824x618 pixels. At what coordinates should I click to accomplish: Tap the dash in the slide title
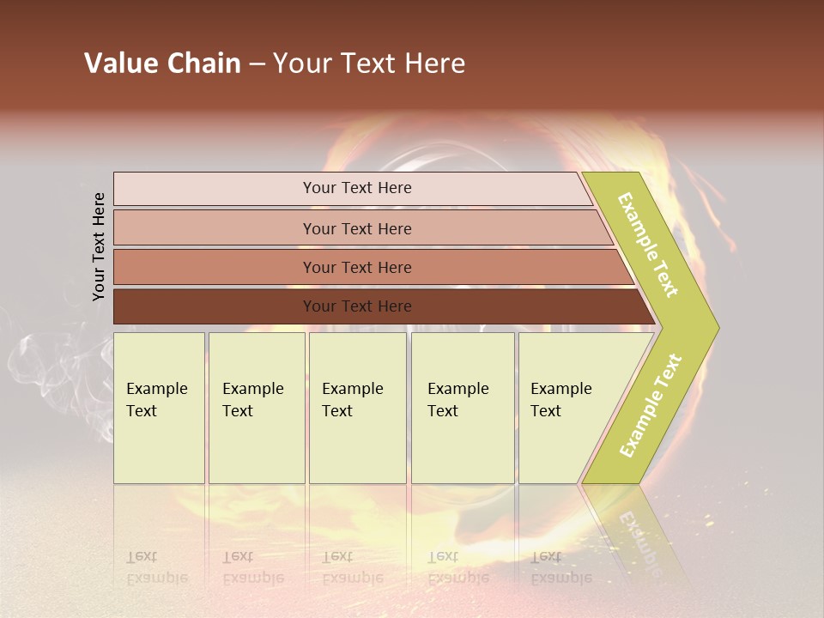coord(257,64)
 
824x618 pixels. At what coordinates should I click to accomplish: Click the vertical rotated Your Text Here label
coord(99,246)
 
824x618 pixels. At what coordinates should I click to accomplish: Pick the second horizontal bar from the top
coord(356,228)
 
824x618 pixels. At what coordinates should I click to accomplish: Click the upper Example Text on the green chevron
coord(648,245)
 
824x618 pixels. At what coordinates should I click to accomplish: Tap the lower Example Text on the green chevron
coord(651,405)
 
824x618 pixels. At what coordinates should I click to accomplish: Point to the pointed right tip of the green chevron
coord(716,327)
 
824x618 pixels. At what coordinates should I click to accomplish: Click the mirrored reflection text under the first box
coord(156,566)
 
